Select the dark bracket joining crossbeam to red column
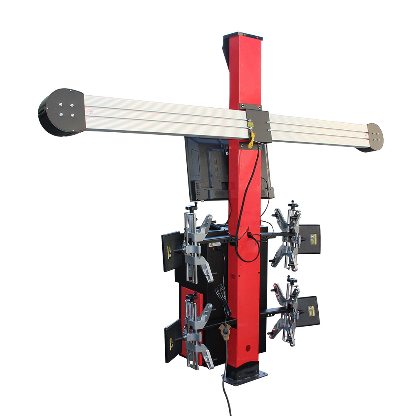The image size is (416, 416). coord(258,125)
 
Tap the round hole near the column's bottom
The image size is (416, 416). coord(248,346)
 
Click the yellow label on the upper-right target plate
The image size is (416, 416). coord(310,239)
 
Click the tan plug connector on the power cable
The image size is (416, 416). coord(225,332)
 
